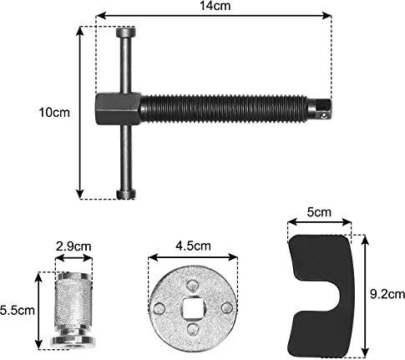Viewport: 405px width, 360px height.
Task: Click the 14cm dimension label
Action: tap(215, 6)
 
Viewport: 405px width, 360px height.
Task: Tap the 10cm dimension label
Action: tap(54, 113)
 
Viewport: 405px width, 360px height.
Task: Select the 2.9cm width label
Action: tap(73, 246)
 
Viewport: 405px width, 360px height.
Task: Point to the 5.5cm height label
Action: tap(18, 311)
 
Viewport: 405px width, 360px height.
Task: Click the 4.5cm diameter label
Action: tap(193, 246)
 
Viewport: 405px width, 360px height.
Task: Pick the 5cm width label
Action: tap(319, 212)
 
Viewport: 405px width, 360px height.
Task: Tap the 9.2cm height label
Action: tap(387, 294)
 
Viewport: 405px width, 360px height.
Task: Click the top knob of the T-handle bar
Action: tap(126, 32)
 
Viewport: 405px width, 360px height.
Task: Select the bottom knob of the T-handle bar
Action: tap(126, 194)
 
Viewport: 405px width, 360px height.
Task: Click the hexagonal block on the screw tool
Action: tap(118, 109)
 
